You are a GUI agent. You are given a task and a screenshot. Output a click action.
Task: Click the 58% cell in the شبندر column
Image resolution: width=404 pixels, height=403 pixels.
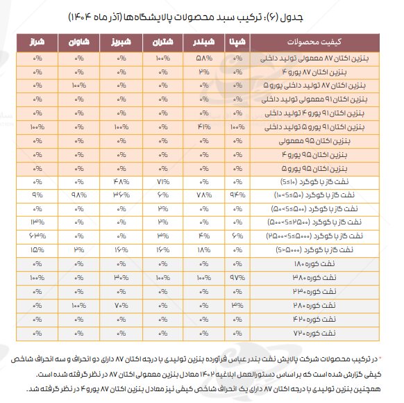[203, 60]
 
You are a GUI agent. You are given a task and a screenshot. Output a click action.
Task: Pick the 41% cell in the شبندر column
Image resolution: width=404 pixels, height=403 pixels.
[203, 127]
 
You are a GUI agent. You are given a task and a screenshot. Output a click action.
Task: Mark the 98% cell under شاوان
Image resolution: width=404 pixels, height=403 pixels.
[78, 195]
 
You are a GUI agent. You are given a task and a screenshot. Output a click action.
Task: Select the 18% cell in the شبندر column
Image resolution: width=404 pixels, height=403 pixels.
[203, 249]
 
